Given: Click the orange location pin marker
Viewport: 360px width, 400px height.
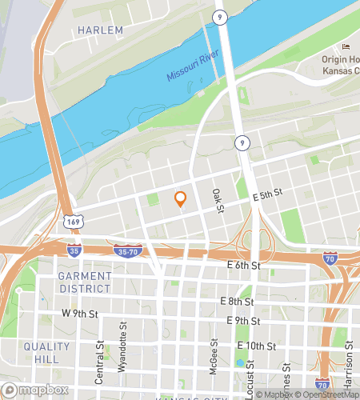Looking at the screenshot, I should pyautogui.click(x=181, y=200).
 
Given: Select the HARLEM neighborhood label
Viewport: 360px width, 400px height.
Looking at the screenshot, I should pyautogui.click(x=101, y=30).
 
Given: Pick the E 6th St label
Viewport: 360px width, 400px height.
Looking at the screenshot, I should pyautogui.click(x=244, y=265).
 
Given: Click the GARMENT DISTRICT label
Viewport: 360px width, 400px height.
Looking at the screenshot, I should pyautogui.click(x=85, y=282).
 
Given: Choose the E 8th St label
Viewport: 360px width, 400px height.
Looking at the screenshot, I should pyautogui.click(x=237, y=302).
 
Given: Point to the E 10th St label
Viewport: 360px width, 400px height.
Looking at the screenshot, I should pyautogui.click(x=257, y=346).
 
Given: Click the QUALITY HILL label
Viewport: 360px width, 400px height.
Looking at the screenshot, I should pyautogui.click(x=47, y=353).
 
